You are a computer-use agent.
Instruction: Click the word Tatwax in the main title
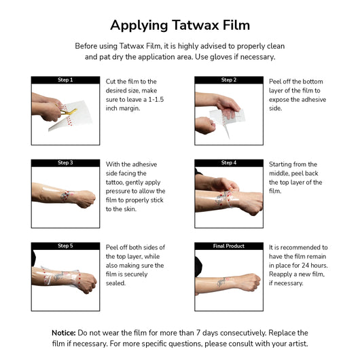pyautogui.click(x=196, y=25)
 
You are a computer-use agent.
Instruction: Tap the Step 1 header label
pyautogui.click(x=65, y=79)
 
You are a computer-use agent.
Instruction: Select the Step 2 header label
pyautogui.click(x=229, y=79)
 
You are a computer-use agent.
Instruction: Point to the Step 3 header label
pyautogui.click(x=65, y=162)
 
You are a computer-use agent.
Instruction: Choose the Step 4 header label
pyautogui.click(x=229, y=162)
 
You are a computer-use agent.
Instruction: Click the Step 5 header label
pyautogui.click(x=65, y=246)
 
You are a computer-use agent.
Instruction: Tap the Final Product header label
pyautogui.click(x=229, y=246)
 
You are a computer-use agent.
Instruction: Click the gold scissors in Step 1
pyautogui.click(x=66, y=111)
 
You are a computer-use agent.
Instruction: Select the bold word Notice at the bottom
pyautogui.click(x=64, y=333)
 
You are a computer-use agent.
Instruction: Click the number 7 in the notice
pyautogui.click(x=198, y=333)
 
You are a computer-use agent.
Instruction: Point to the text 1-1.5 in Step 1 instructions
pyautogui.click(x=156, y=99)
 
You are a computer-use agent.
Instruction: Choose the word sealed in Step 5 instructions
pyautogui.click(x=115, y=283)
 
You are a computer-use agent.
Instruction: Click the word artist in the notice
pyautogui.click(x=298, y=344)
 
